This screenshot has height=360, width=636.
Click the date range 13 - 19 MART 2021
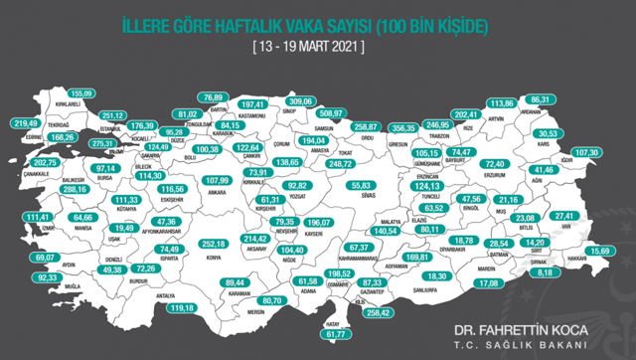coord(308,46)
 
